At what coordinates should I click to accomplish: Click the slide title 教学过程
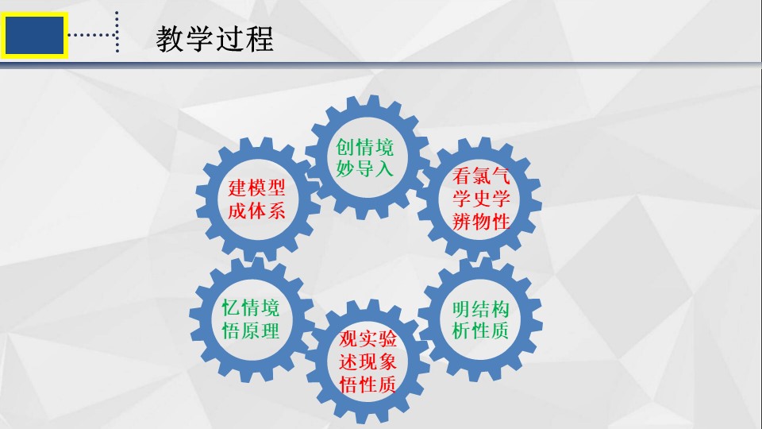click(x=214, y=39)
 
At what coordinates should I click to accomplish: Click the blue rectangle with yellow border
click(x=34, y=36)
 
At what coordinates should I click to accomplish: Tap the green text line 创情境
click(x=364, y=146)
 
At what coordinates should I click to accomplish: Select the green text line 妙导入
click(x=364, y=168)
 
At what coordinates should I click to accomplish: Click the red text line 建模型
click(x=256, y=187)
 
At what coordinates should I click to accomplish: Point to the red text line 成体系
click(x=256, y=211)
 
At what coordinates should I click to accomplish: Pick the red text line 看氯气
click(x=481, y=176)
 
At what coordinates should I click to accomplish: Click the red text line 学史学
click(x=481, y=199)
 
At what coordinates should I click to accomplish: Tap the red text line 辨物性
click(x=481, y=222)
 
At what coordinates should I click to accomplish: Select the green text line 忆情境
click(x=251, y=308)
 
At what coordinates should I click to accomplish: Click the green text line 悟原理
click(x=251, y=330)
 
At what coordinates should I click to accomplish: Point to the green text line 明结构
click(x=481, y=309)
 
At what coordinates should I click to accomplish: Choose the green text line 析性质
click(x=481, y=330)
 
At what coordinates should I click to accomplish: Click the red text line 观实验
click(x=368, y=338)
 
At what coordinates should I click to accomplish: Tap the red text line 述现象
click(x=368, y=361)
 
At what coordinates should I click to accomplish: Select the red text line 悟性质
click(x=368, y=385)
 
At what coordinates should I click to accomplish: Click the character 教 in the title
click(x=170, y=39)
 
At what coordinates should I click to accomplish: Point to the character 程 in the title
click(x=260, y=39)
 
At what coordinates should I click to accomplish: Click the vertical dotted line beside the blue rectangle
click(x=117, y=32)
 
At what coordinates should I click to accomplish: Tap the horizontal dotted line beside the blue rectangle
click(x=92, y=35)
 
